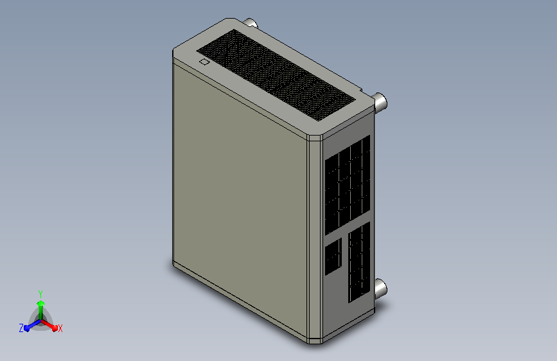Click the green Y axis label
pos(40,294)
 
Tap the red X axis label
pos(60,329)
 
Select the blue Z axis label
pos(21,328)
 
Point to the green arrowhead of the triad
pos(41,303)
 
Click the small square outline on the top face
pos(204,62)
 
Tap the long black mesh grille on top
pos(276,75)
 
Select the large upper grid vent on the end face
pos(348,185)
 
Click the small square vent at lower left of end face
pos(333,256)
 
